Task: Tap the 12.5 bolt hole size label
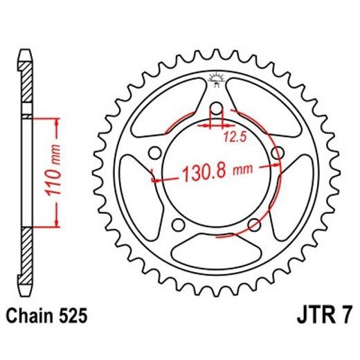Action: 233,137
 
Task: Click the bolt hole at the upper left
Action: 155,153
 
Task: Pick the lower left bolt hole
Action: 179,225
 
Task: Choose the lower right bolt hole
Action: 255,225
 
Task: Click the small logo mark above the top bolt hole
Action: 216,80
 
